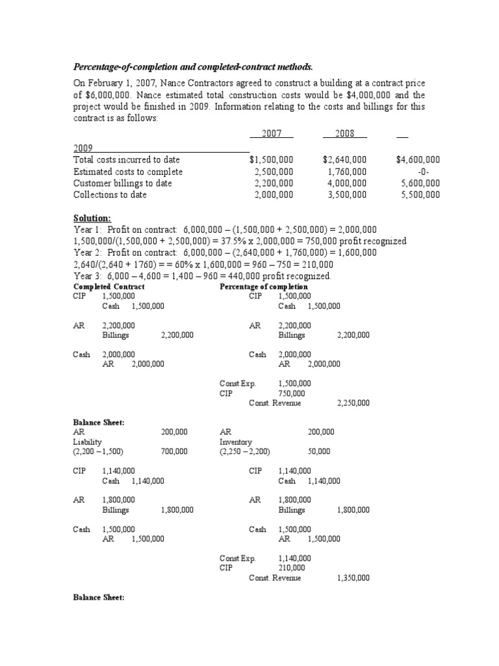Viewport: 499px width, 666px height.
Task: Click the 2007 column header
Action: click(x=272, y=133)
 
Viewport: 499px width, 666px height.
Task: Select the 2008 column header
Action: click(x=344, y=133)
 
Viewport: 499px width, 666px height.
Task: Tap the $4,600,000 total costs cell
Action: click(x=418, y=159)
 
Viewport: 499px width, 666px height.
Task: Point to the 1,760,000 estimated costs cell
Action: click(x=347, y=172)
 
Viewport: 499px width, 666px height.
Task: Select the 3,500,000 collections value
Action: click(x=347, y=194)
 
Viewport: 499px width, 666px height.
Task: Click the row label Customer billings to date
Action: click(x=123, y=183)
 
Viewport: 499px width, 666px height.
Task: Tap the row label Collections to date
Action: click(x=110, y=194)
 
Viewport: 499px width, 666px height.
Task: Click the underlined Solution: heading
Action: click(x=92, y=218)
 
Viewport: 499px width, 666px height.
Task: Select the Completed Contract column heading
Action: click(x=109, y=287)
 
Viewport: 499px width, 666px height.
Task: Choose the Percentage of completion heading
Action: click(x=264, y=287)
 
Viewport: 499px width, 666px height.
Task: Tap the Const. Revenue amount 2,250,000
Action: click(x=353, y=403)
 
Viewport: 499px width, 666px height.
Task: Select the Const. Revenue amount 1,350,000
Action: click(x=353, y=578)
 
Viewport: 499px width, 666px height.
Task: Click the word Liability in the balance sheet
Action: click(x=88, y=442)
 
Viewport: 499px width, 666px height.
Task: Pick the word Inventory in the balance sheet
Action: click(x=236, y=442)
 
